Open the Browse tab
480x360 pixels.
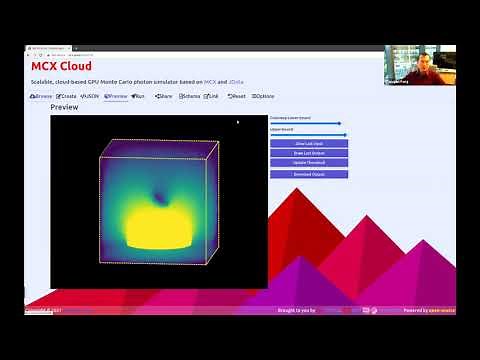41,96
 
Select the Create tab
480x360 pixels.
65,96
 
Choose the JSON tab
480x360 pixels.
89,96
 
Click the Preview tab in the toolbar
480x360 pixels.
115,96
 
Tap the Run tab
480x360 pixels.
138,96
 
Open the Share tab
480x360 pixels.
163,96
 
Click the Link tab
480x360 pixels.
212,96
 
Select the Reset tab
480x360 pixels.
236,96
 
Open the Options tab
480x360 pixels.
262,96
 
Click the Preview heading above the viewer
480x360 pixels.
64,107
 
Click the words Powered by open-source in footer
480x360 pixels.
430,310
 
